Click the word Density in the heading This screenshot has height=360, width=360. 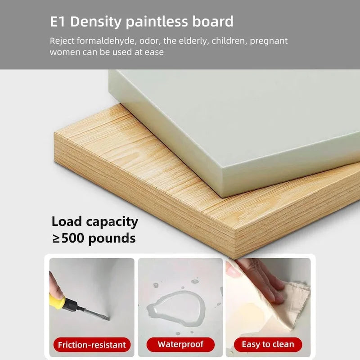(x=96, y=22)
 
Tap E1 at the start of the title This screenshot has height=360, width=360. (x=58, y=22)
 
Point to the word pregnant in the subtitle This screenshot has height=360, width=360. (x=269, y=41)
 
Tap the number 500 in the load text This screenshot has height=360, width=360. (x=73, y=238)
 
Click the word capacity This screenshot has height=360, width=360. (x=112, y=222)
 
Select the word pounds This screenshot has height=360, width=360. (x=112, y=239)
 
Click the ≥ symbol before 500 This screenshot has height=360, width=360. (x=57, y=239)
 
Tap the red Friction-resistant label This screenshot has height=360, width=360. (x=92, y=345)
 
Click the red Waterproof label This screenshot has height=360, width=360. (x=180, y=344)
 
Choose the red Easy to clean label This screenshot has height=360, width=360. (x=268, y=344)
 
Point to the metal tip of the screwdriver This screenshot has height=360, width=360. (x=108, y=318)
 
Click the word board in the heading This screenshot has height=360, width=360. (x=213, y=22)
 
